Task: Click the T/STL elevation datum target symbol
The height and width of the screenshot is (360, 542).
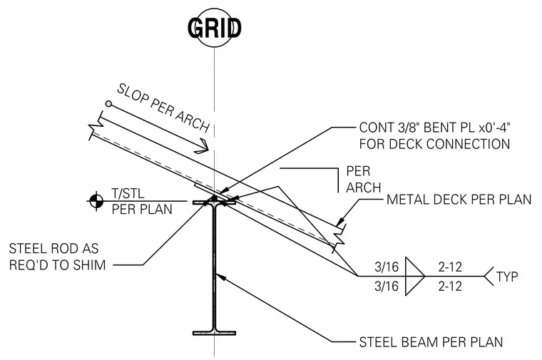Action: (96, 201)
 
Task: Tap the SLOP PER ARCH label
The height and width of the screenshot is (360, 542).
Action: (163, 108)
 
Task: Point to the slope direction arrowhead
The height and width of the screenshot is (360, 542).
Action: (203, 146)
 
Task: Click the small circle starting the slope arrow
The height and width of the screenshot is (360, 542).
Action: (108, 103)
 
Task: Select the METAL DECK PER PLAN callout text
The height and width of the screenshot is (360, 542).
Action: (459, 200)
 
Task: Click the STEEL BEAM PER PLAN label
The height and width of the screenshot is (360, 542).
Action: (431, 342)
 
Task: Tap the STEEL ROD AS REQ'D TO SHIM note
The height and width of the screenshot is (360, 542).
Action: (57, 257)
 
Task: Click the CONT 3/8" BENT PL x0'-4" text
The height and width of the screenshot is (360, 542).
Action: (435, 128)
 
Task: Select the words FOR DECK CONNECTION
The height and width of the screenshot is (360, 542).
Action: (434, 144)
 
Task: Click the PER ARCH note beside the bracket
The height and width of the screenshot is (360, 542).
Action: (363, 180)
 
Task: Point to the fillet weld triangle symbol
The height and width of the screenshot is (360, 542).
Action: (415, 276)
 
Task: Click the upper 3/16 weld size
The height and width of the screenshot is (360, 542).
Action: (387, 267)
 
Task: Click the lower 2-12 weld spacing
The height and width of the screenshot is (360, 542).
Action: (450, 286)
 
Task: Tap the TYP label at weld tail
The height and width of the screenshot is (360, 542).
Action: (507, 277)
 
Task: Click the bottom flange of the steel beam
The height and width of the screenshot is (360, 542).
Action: (215, 333)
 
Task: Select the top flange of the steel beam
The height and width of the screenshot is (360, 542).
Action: (215, 202)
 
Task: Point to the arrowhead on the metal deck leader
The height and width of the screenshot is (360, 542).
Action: (340, 221)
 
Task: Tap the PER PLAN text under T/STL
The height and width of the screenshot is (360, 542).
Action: (142, 210)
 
